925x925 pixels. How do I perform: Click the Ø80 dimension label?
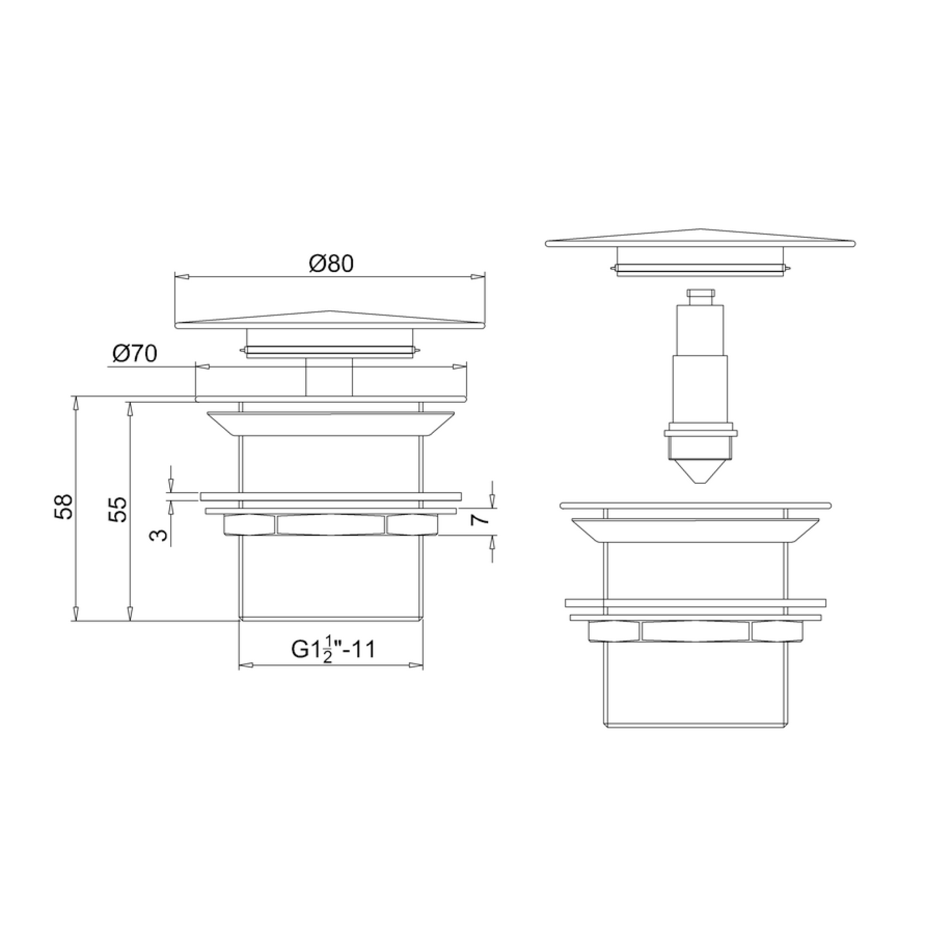click(331, 264)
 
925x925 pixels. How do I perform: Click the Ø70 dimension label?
click(135, 354)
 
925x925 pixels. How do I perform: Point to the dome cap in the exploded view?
click(700, 239)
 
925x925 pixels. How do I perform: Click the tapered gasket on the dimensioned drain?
click(330, 423)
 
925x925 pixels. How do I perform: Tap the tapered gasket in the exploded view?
click(695, 530)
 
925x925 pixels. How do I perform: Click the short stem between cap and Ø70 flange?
click(329, 378)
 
